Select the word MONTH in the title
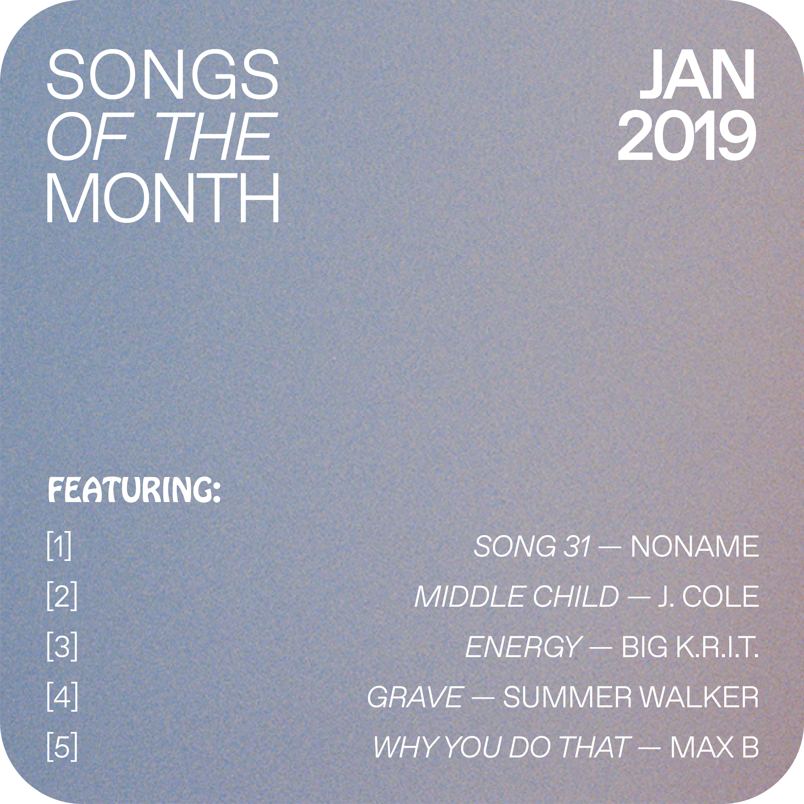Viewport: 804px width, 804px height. [163, 198]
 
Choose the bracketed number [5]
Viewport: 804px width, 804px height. [62, 747]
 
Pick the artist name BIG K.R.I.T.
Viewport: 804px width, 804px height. [690, 647]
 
